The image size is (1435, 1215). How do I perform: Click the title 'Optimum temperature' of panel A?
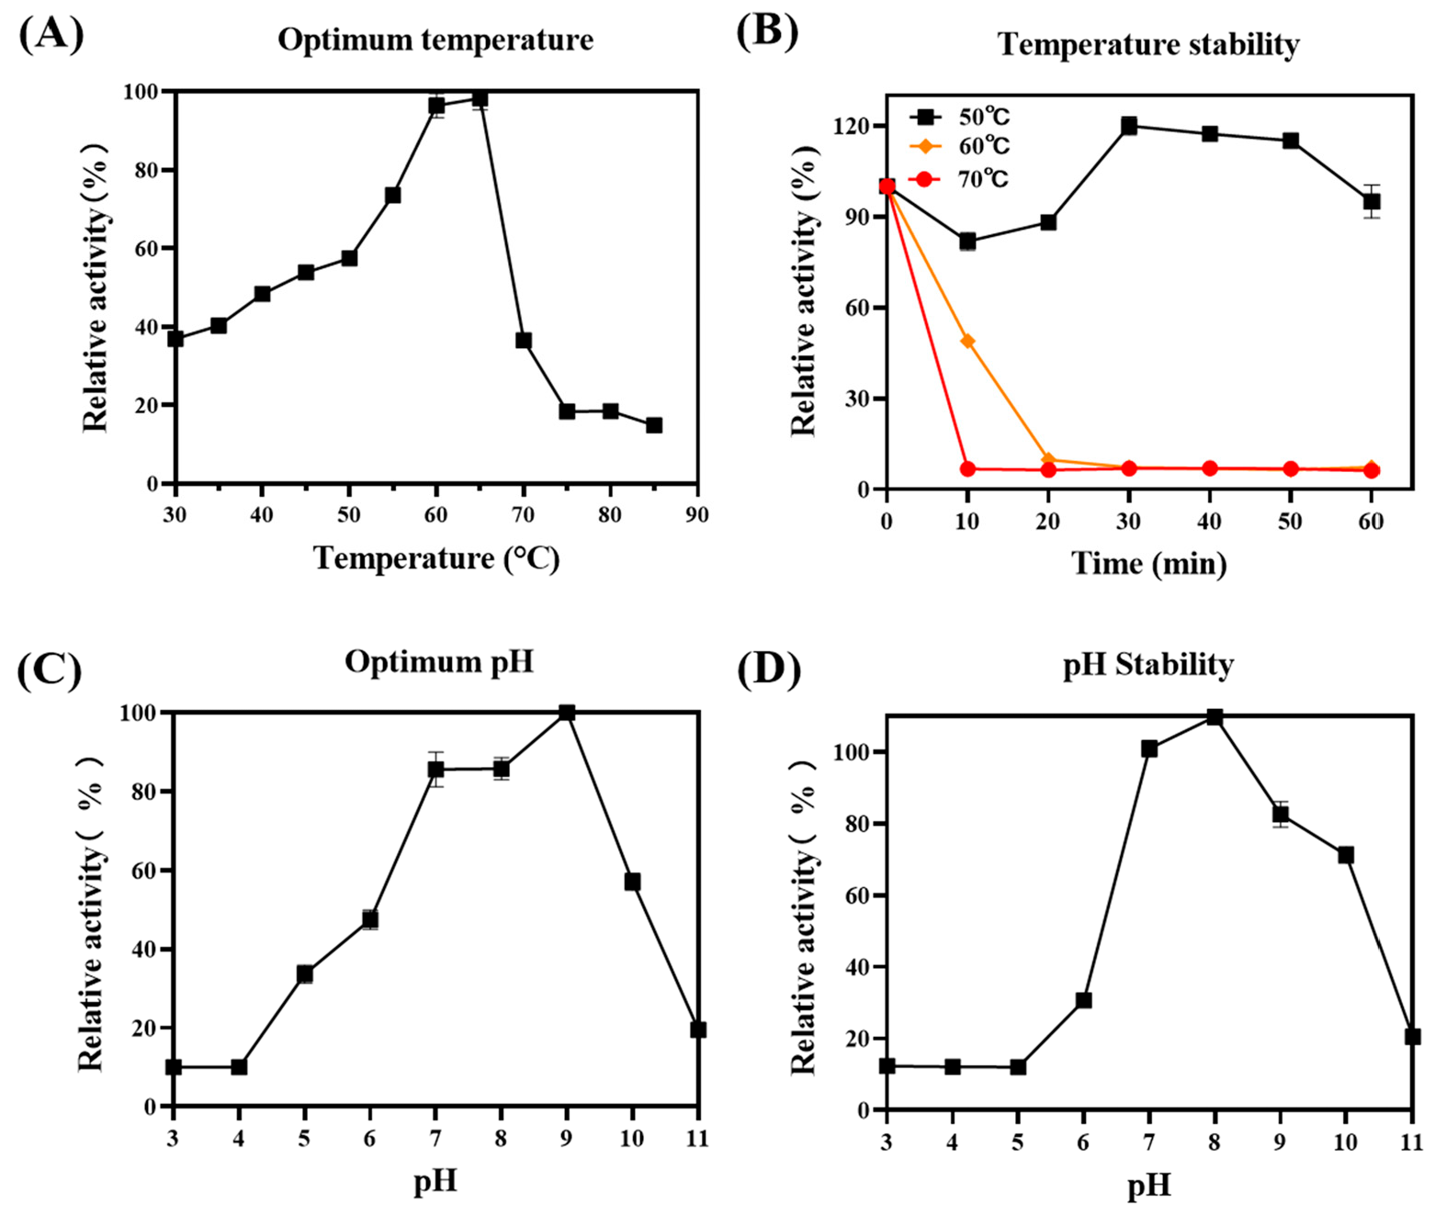coord(435,39)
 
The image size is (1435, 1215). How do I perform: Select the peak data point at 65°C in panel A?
coord(480,98)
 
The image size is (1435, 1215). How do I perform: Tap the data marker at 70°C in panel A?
coord(524,341)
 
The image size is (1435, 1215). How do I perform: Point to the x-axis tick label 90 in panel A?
coord(697,515)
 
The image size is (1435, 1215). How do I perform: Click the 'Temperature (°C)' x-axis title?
coord(436,558)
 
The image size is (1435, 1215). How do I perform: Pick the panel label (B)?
coord(768,31)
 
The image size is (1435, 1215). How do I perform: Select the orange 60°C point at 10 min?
coord(967,341)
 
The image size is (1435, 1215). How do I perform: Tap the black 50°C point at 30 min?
coord(1129,126)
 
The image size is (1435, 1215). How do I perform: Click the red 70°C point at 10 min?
coord(967,469)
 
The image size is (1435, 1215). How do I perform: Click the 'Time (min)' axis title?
coord(1148,563)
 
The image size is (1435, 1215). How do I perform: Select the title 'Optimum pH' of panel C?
coord(439,661)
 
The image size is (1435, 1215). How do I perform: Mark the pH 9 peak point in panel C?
coord(567,713)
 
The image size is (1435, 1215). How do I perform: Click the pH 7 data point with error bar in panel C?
coord(435,770)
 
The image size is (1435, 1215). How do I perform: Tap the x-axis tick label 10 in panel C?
coord(632,1139)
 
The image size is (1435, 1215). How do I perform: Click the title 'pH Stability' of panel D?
coord(1148,664)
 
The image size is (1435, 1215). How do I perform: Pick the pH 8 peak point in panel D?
coord(1215,716)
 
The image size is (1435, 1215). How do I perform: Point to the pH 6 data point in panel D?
coord(1084,1000)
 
